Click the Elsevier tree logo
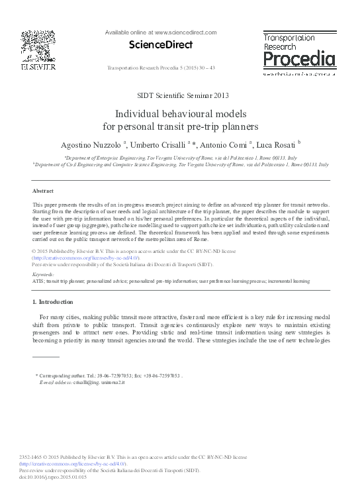point(38,44)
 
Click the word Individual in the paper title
point(136,113)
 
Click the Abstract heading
point(43,190)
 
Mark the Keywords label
point(44,273)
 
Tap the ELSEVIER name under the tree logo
point(38,67)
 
